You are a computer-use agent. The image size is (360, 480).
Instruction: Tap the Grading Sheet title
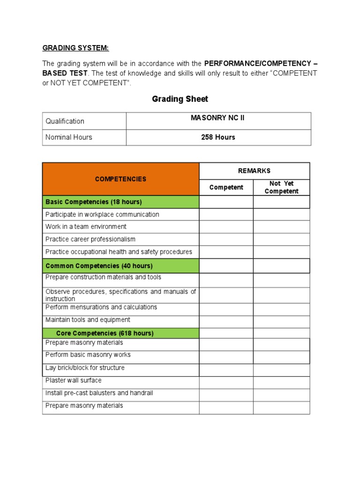pyautogui.click(x=180, y=99)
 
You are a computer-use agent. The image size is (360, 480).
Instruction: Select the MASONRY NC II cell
pyautogui.click(x=217, y=118)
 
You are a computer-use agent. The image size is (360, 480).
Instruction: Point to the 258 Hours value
pyautogui.click(x=218, y=137)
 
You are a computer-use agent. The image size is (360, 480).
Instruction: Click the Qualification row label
pyautogui.click(x=65, y=121)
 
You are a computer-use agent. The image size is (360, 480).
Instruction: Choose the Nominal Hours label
pyautogui.click(x=68, y=137)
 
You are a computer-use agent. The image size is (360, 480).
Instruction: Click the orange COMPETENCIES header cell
pyautogui.click(x=120, y=179)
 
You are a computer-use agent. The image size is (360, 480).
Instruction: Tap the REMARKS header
pyautogui.click(x=254, y=171)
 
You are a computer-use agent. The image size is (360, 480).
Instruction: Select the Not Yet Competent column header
pyautogui.click(x=281, y=187)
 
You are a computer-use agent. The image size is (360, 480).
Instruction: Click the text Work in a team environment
pyautogui.click(x=86, y=227)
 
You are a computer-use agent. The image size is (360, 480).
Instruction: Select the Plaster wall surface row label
pyautogui.click(x=74, y=381)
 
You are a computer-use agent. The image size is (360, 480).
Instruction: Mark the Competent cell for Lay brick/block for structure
pyautogui.click(x=226, y=370)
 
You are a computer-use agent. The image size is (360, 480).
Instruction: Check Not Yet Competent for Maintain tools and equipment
pyautogui.click(x=281, y=322)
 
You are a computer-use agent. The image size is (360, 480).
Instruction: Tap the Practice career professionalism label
pyautogui.click(x=90, y=239)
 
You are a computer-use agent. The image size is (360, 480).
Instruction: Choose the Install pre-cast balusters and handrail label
pyautogui.click(x=99, y=393)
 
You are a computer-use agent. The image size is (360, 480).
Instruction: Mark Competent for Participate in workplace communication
pyautogui.click(x=226, y=215)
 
